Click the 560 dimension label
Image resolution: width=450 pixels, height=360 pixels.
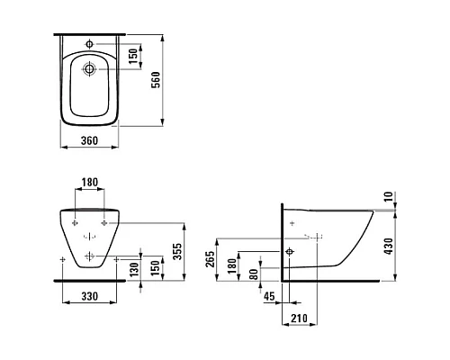click(x=156, y=80)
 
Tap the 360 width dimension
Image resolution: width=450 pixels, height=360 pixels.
click(x=89, y=140)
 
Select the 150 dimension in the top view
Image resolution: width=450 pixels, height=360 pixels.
click(x=133, y=56)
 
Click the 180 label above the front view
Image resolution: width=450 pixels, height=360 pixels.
click(x=90, y=182)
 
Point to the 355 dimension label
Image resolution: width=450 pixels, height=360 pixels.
click(x=177, y=251)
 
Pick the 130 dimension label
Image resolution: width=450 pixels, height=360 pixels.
click(x=135, y=269)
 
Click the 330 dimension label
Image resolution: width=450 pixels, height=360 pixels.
click(x=90, y=296)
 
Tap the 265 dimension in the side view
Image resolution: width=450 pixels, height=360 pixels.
click(x=210, y=259)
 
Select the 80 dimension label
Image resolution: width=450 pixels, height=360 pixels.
click(x=254, y=274)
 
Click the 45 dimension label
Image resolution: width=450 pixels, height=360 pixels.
click(x=269, y=296)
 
